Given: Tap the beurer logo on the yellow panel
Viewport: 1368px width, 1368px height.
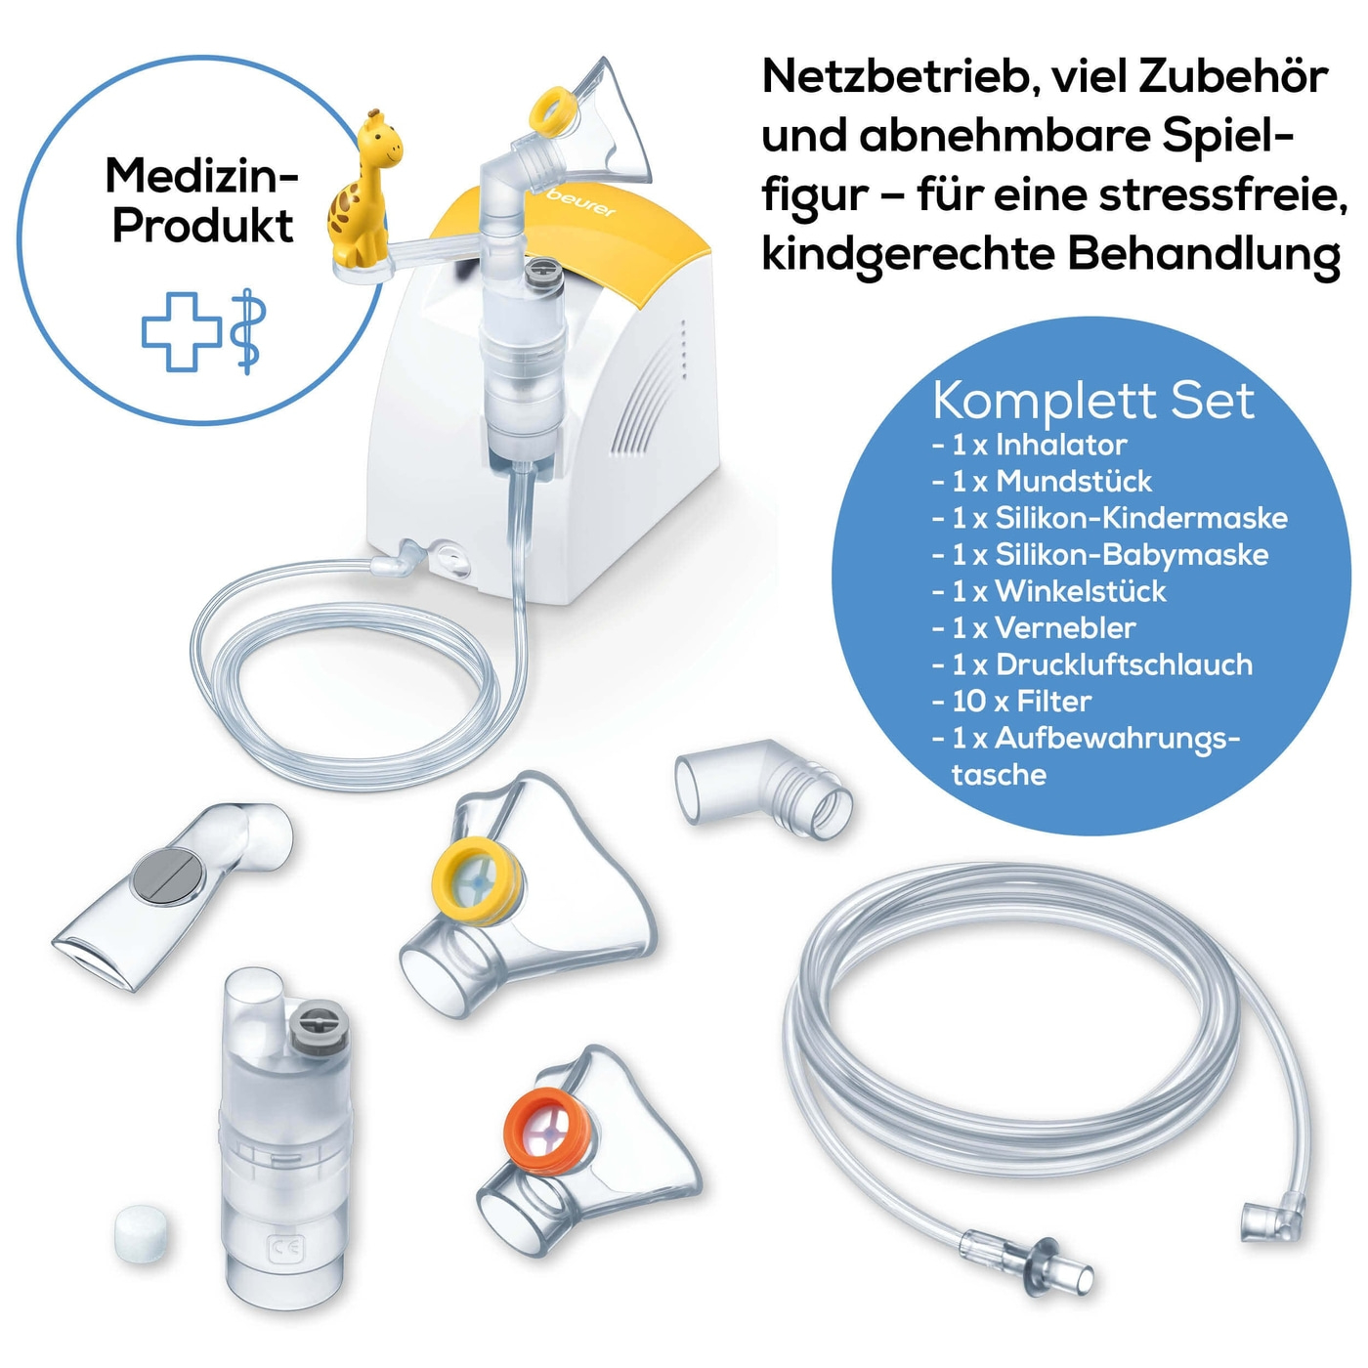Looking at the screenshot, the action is pyautogui.click(x=579, y=203).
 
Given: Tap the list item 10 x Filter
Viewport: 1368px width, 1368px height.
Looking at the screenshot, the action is pyautogui.click(x=1011, y=702).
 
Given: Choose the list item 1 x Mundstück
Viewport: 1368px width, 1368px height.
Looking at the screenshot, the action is pyautogui.click(x=1042, y=482).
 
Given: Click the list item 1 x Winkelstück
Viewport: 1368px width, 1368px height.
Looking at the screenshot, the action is pyautogui.click(x=1048, y=591).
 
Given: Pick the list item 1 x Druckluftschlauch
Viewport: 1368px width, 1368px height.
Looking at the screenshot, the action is pyautogui.click(x=1092, y=664).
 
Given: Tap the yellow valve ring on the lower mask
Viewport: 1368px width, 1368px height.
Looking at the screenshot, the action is pyautogui.click(x=477, y=880).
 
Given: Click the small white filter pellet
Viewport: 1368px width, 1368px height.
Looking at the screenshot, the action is pyautogui.click(x=144, y=1233).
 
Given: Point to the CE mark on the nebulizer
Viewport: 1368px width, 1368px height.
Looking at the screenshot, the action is pyautogui.click(x=286, y=1248).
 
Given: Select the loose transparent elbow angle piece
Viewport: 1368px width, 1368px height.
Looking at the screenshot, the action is pyautogui.click(x=763, y=789).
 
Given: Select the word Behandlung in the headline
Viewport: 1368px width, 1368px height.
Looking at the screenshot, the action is pyautogui.click(x=1204, y=253).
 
